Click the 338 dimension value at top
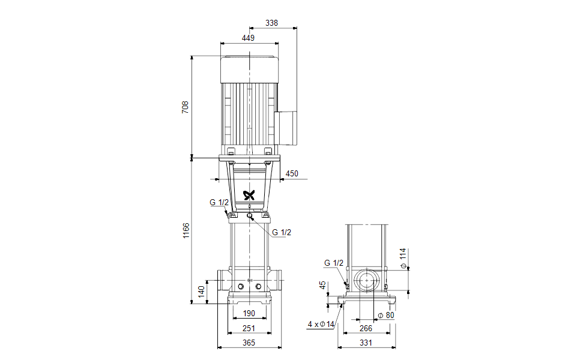click(x=272, y=23)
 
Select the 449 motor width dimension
click(x=249, y=38)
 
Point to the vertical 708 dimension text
click(x=186, y=107)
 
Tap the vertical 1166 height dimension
click(x=186, y=231)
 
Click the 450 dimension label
click(x=291, y=174)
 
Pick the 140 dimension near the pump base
click(x=202, y=292)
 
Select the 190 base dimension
click(x=249, y=313)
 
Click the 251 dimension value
click(x=249, y=328)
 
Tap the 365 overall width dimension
click(x=249, y=343)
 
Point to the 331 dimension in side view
click(x=366, y=343)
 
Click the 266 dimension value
click(x=366, y=328)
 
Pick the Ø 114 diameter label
click(x=403, y=257)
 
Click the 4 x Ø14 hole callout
click(x=320, y=325)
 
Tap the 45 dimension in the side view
click(x=322, y=286)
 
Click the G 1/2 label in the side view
click(x=334, y=263)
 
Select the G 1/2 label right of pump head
click(x=282, y=232)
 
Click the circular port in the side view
click(x=366, y=280)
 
